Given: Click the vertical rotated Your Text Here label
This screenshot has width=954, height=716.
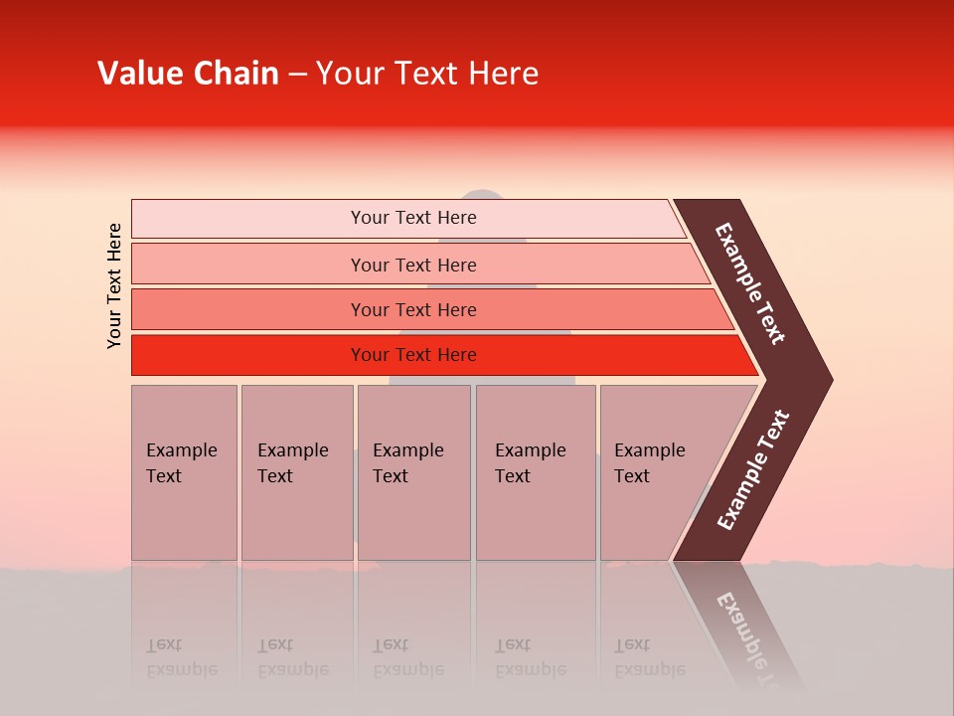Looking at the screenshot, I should tap(114, 285).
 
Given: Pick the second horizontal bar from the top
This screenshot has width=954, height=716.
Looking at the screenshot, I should tap(412, 265).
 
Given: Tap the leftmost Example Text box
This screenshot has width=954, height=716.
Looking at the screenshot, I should tap(184, 472).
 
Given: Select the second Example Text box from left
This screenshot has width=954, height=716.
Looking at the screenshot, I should tap(296, 472).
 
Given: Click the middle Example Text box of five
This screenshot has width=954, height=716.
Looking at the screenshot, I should tap(413, 472).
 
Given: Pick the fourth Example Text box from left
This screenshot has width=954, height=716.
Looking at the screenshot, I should tap(536, 472).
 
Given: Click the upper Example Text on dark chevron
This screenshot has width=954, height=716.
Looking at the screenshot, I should tap(750, 283).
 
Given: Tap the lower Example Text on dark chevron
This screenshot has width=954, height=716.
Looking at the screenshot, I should tap(752, 470).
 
